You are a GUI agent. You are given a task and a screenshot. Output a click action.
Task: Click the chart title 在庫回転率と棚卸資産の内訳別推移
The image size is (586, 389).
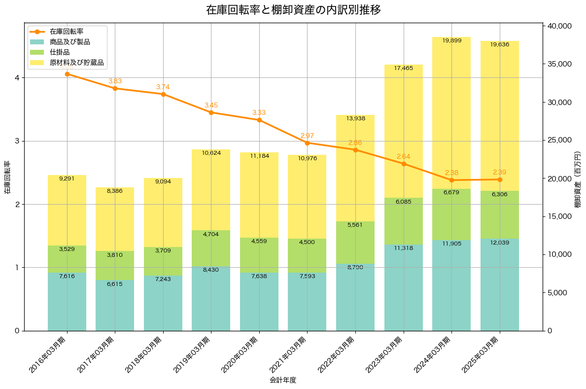[293, 10]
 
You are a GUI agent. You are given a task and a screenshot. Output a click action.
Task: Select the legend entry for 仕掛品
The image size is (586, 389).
[60, 52]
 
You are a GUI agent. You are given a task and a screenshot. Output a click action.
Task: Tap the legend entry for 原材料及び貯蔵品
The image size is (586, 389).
[76, 63]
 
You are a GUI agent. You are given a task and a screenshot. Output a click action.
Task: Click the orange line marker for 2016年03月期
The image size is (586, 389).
[67, 74]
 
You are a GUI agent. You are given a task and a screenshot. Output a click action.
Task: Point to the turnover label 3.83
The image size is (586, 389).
[115, 81]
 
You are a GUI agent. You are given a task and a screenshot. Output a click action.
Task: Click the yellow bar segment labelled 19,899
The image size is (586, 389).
[451, 113]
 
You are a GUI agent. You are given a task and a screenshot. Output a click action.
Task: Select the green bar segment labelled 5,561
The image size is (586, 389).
[355, 243]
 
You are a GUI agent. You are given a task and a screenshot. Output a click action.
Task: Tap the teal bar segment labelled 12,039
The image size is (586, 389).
[500, 284]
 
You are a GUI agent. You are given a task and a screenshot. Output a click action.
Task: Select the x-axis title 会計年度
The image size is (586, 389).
[283, 380]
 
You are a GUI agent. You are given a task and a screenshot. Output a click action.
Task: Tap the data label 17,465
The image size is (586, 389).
[404, 68]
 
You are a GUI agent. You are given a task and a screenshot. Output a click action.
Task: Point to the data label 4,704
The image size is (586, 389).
[211, 234]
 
